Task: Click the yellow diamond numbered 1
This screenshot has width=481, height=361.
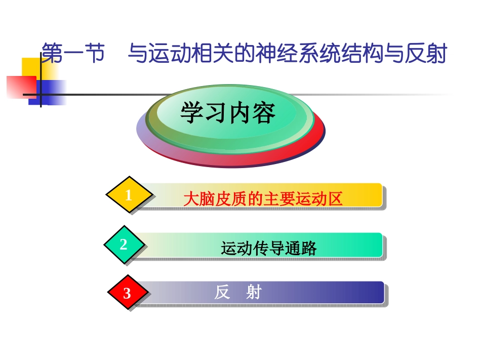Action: [x=129, y=195]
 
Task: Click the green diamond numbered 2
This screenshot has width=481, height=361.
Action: [x=124, y=245]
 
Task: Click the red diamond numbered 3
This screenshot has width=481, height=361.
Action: [x=128, y=293]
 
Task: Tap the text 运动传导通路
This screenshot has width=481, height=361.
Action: [x=268, y=248]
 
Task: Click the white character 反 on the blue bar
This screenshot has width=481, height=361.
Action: [x=222, y=293]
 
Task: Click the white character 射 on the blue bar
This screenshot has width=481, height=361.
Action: [x=253, y=293]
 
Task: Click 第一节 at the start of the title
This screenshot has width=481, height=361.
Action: [x=72, y=54]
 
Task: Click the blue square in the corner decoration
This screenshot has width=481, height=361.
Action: [x=51, y=94]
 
